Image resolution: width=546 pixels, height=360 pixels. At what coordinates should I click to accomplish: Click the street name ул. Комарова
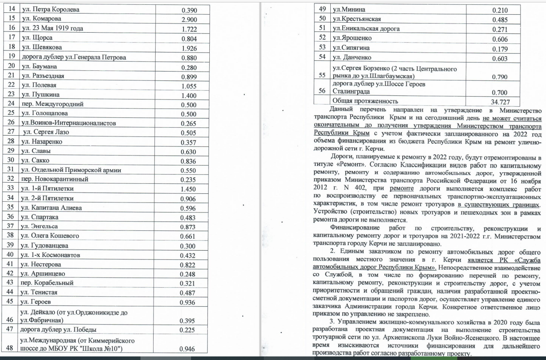tap(41, 19)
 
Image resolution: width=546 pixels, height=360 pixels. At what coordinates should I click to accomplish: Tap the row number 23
tap(11, 94)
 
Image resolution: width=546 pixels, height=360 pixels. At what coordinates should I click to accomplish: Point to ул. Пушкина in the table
tap(40, 95)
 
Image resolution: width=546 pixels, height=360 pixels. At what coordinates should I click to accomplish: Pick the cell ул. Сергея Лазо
tap(43, 132)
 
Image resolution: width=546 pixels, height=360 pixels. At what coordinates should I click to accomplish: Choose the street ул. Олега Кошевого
tap(50, 235)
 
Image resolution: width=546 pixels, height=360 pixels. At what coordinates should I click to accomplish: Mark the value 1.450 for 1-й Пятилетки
tap(188, 189)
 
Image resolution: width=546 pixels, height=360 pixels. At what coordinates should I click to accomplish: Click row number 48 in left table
tap(11, 348)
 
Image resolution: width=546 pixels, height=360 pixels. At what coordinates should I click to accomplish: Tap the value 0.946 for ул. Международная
tap(187, 349)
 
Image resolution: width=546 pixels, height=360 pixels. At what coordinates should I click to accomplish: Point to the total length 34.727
tap(500, 102)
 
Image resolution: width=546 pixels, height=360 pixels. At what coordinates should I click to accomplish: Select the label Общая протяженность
tap(365, 101)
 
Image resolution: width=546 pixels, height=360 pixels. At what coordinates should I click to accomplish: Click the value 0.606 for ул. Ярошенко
tap(500, 39)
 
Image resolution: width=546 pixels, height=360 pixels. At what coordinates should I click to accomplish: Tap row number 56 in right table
tap(322, 90)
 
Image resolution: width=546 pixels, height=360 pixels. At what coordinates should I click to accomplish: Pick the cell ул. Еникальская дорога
tap(366, 28)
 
